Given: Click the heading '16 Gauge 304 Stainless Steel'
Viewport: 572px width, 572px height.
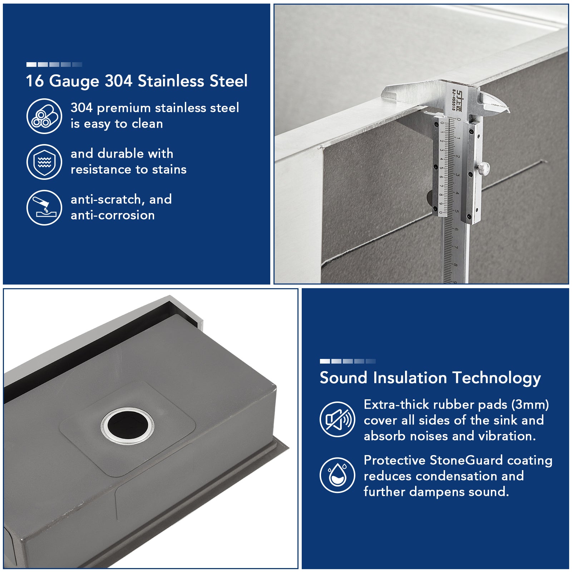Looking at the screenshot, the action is pos(137,81).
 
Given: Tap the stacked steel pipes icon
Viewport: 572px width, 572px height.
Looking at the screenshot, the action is pos(44,116).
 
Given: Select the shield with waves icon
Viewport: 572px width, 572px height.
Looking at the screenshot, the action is pos(44,162).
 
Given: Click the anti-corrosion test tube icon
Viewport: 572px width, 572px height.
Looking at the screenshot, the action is pos(44,208).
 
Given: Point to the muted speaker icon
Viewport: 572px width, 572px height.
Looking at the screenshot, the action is pos(337,419).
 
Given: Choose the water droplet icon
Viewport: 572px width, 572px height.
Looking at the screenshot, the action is pos(337,475).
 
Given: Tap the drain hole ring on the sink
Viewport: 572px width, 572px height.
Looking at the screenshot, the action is pos(127,426).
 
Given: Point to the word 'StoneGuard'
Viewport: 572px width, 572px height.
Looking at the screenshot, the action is pos(466,460).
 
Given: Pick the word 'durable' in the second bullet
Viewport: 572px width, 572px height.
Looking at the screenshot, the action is pos(120,154).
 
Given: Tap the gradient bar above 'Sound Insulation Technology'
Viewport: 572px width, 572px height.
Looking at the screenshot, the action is pos(347,361).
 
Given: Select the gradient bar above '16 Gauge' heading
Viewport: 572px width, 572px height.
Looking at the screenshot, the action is pos(54,64).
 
